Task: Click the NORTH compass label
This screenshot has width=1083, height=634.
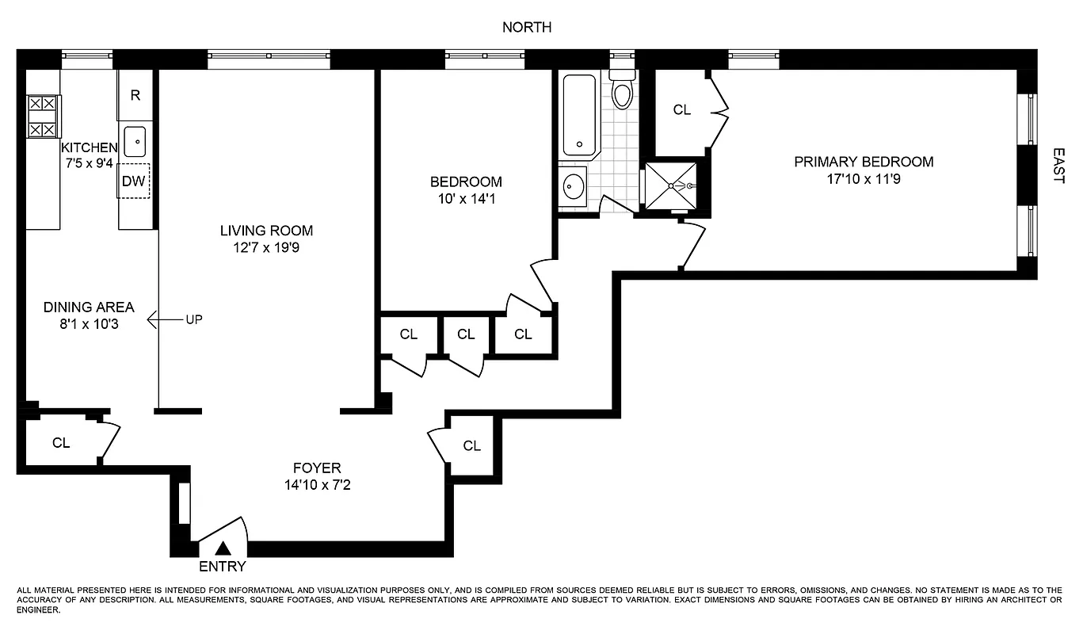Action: click(527, 28)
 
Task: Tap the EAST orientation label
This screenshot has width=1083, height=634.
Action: click(1058, 165)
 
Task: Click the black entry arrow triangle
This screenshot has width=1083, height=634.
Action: click(224, 548)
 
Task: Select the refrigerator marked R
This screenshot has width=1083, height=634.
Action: click(135, 95)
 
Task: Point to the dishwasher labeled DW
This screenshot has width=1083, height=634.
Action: click(134, 181)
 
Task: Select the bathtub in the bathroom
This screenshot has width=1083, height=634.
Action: click(580, 116)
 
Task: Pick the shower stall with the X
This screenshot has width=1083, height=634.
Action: click(671, 186)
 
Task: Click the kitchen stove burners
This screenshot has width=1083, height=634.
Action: click(43, 116)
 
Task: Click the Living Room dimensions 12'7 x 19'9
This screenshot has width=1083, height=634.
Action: click(266, 248)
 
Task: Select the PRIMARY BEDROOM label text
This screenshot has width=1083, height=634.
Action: click(864, 162)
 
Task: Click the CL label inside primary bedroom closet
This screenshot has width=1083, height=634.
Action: click(681, 110)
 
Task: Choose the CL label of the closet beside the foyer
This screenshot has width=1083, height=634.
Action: click(471, 446)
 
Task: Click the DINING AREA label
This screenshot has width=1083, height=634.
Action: click(89, 307)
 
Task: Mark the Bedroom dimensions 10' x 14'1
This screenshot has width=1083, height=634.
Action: click(466, 199)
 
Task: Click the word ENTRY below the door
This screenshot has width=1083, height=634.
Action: click(222, 567)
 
